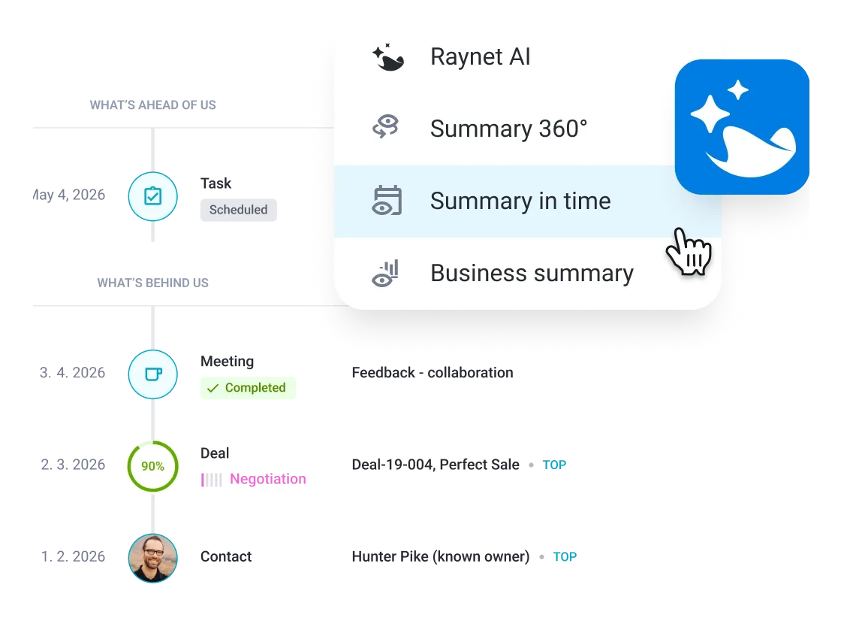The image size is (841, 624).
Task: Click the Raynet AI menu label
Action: pos(481,57)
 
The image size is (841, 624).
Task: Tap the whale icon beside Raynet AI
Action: pos(388,58)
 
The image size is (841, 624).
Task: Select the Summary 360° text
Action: pos(508,129)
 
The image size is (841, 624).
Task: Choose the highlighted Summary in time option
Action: pos(520,201)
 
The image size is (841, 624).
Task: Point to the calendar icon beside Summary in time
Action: pos(387,201)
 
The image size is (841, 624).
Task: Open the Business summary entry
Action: pos(532,273)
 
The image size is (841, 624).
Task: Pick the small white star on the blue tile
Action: pos(738,90)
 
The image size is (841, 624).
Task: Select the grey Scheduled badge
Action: pos(240,211)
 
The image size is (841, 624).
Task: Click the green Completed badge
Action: pos(249,388)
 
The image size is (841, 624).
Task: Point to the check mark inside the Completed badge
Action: pos(213,388)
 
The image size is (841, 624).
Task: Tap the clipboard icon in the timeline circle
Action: pos(152,197)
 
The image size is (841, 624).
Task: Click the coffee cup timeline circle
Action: pos(152,373)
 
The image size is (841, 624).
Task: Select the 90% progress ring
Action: pos(152,466)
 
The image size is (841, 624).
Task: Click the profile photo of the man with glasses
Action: pos(152,558)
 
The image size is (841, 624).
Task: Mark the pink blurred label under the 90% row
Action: pos(267,478)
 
